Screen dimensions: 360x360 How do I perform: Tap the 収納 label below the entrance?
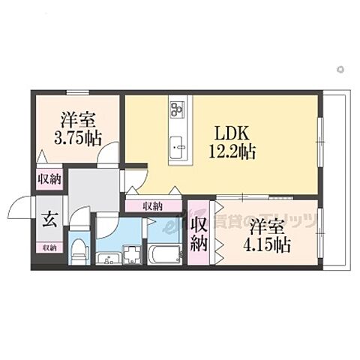[x=48, y=247]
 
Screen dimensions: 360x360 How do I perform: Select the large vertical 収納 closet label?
[x=199, y=233]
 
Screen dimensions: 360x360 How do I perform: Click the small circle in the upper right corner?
[x=340, y=69]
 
